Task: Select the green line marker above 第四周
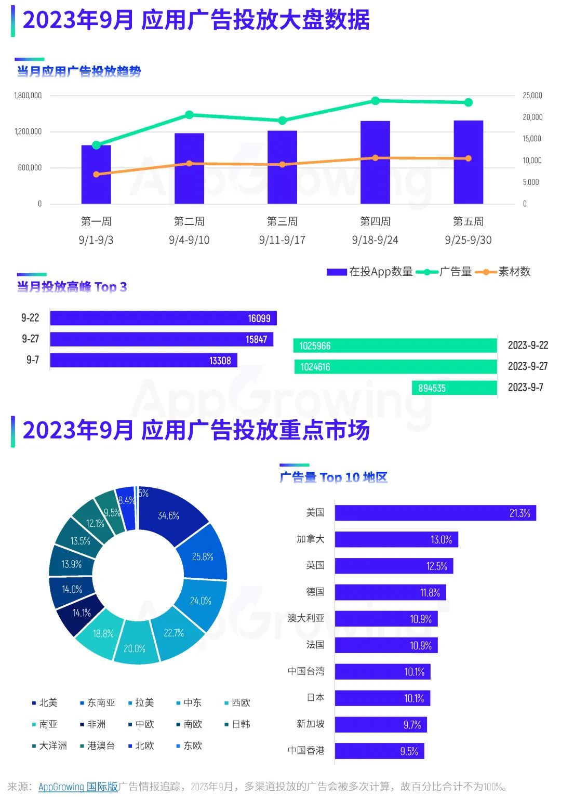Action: pyautogui.click(x=376, y=101)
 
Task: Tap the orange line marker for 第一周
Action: pyautogui.click(x=96, y=175)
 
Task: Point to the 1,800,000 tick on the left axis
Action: pyautogui.click(x=28, y=96)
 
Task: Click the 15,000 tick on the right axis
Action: pyautogui.click(x=532, y=139)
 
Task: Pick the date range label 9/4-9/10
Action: pyautogui.click(x=189, y=240)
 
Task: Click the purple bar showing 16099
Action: pyautogui.click(x=163, y=318)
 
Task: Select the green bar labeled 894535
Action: pyautogui.click(x=455, y=388)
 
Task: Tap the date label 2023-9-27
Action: pyautogui.click(x=528, y=366)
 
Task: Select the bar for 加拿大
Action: pyautogui.click(x=396, y=539)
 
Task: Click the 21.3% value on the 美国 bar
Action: pyautogui.click(x=519, y=513)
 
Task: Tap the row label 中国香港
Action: pyautogui.click(x=306, y=751)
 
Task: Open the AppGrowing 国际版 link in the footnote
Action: pyautogui.click(x=78, y=787)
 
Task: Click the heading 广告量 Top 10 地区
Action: pyautogui.click(x=333, y=477)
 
